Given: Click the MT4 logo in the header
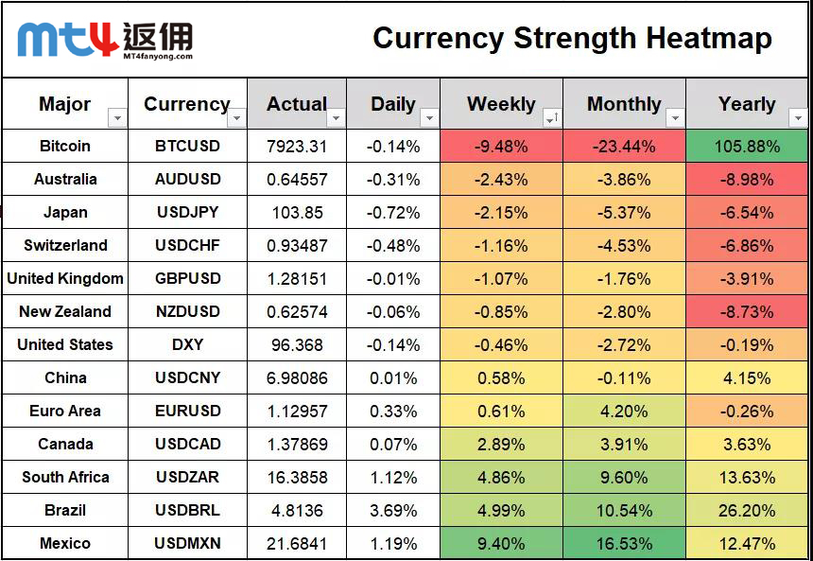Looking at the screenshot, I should coord(105,39).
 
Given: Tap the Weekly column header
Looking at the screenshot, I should coord(501,104).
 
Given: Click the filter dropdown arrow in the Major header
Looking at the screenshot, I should coord(117,118).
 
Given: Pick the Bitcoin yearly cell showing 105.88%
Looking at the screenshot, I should coord(747,147).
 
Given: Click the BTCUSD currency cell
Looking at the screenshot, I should coord(187,147).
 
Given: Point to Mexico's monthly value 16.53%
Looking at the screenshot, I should coord(624,544).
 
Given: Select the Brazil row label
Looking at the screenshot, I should coord(65,511).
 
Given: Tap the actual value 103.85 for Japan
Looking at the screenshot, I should coord(297,213).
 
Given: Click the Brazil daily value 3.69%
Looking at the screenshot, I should coord(393,511).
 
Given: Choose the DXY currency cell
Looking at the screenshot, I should coord(187,345).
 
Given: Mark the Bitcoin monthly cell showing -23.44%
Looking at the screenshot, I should coord(624,147).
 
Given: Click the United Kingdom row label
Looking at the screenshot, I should coord(65,279).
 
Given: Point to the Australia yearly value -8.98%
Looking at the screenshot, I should coord(747,180).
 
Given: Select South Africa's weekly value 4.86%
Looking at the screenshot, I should coord(501,478).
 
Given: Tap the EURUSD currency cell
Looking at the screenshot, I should coord(187,412).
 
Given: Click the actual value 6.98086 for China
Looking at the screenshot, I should coord(297,378).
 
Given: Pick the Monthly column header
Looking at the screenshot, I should coord(624,104).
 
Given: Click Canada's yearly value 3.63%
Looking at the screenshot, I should coord(747,445).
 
